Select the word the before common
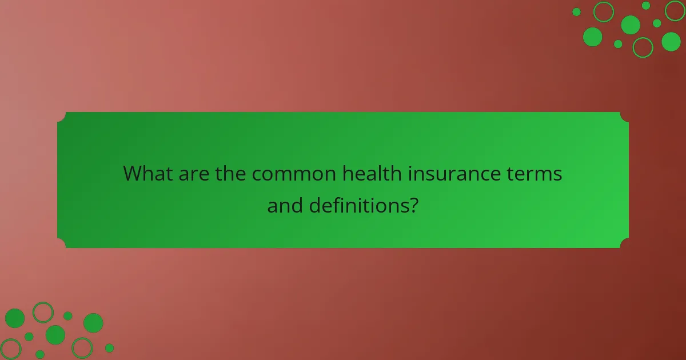[x=230, y=173]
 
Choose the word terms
[x=539, y=173]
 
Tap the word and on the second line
[x=285, y=205]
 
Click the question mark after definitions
[x=413, y=205]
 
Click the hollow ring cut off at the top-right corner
[x=675, y=10]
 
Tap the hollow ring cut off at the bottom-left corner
[x=10, y=349]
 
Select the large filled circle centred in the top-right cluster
[x=631, y=25]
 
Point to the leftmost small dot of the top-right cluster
[x=576, y=12]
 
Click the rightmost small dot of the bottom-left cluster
[x=109, y=348]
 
